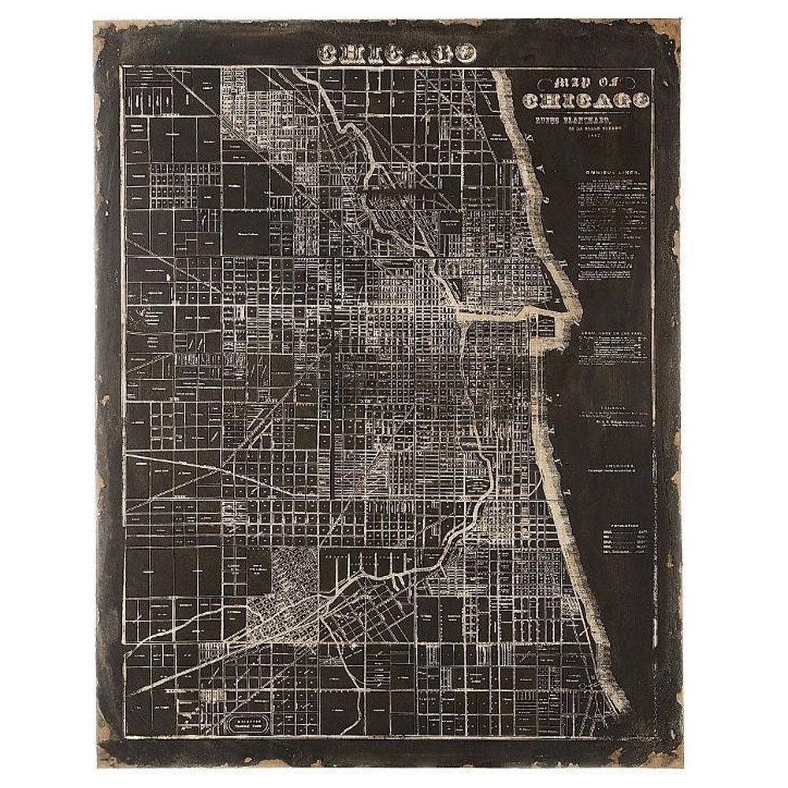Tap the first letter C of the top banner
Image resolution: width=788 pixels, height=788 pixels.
(x=324, y=54)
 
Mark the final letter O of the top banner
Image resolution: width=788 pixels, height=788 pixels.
(x=468, y=54)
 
